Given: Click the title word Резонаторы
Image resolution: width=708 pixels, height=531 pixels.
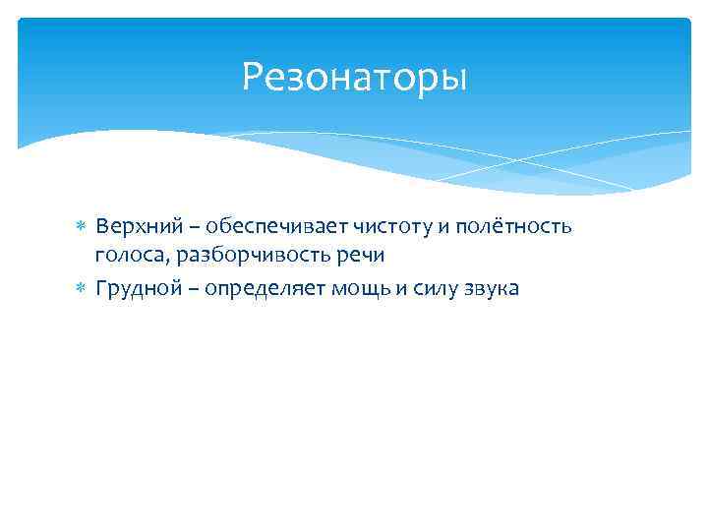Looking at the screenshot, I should [354, 76].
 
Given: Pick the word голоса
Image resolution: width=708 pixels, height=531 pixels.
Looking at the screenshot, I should [127, 257].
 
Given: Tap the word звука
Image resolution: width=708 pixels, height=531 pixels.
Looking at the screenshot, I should [488, 288].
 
